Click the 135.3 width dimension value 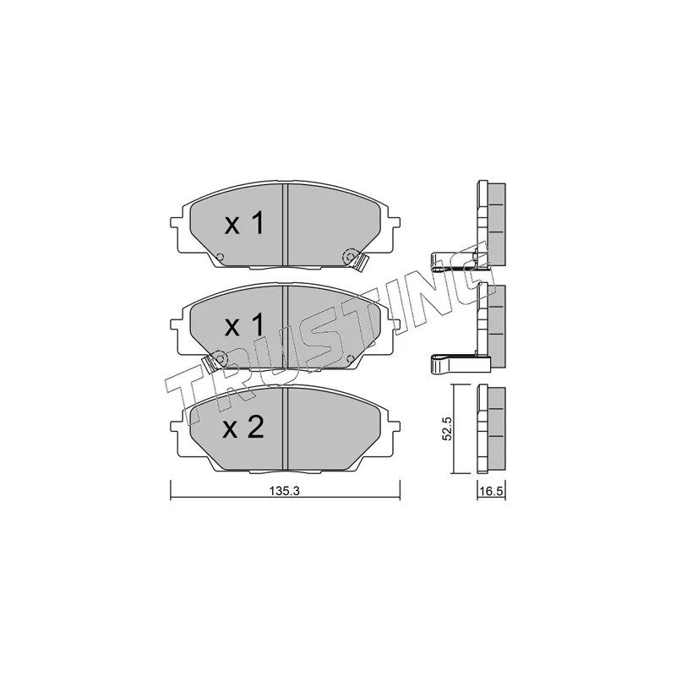click(284, 491)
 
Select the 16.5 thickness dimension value click(493, 492)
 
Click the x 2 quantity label click(243, 428)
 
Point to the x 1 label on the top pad click(243, 224)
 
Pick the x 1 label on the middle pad click(243, 325)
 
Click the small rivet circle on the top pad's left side click(219, 257)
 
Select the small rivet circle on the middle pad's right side click(350, 357)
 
